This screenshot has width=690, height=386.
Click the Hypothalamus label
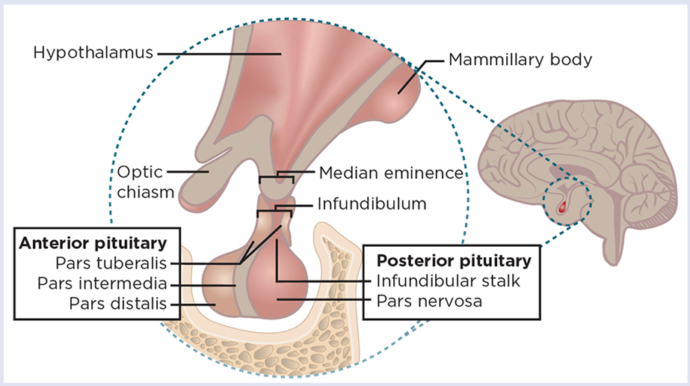coord(93,53)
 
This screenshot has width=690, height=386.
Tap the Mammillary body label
coord(520,59)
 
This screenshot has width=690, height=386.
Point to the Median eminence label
coord(391,174)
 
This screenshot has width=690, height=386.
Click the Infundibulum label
coord(372,203)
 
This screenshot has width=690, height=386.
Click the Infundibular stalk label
coord(446,281)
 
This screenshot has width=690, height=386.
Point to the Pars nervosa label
coord(428,301)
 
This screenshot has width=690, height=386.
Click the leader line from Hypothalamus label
coord(217,53)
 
